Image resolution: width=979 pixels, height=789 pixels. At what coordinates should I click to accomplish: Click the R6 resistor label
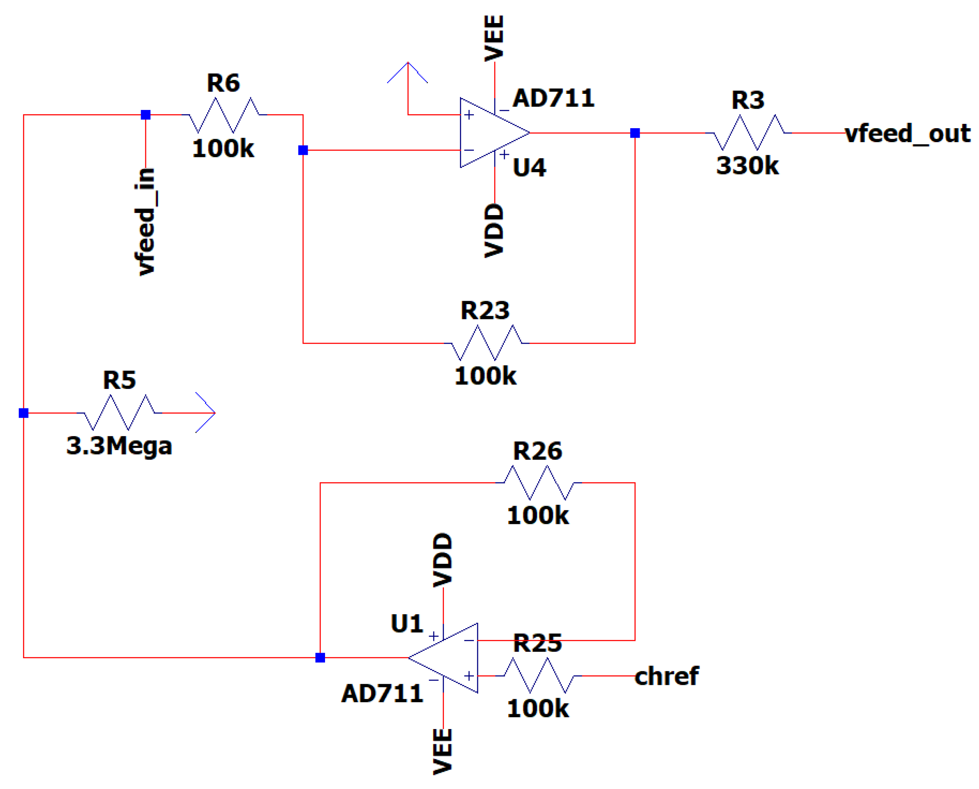(x=223, y=83)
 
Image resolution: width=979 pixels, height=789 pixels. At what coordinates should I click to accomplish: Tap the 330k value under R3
(x=747, y=166)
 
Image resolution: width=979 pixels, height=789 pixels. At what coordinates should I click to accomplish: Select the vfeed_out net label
(x=907, y=134)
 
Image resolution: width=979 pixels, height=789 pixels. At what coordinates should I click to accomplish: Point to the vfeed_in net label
(x=146, y=221)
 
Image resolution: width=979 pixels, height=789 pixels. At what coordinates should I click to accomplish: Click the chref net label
(x=666, y=676)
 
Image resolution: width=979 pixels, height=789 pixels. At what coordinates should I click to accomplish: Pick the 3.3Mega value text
(x=119, y=446)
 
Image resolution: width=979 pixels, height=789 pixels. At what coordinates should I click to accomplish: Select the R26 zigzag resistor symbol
(x=539, y=483)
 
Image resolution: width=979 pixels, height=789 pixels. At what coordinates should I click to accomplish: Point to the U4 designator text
(x=529, y=168)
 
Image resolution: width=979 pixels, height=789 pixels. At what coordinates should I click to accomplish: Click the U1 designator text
(x=407, y=623)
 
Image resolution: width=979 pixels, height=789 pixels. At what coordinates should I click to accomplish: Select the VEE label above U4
(x=494, y=38)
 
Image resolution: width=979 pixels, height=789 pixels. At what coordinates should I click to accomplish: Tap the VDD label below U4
(x=494, y=231)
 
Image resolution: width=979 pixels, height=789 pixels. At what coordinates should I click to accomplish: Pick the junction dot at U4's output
(x=635, y=133)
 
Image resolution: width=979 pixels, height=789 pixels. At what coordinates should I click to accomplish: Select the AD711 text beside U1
(x=382, y=694)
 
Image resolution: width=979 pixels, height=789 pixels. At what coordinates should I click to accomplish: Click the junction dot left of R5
(x=23, y=413)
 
